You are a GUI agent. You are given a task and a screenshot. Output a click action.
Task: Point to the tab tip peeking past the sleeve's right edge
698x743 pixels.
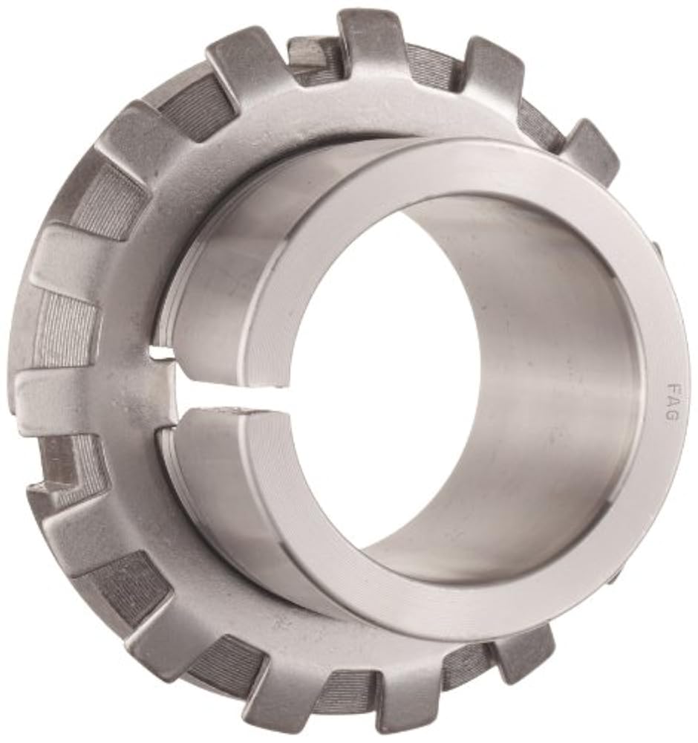point(657,249)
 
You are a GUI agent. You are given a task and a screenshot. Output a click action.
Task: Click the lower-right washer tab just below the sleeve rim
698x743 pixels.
point(523,646)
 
